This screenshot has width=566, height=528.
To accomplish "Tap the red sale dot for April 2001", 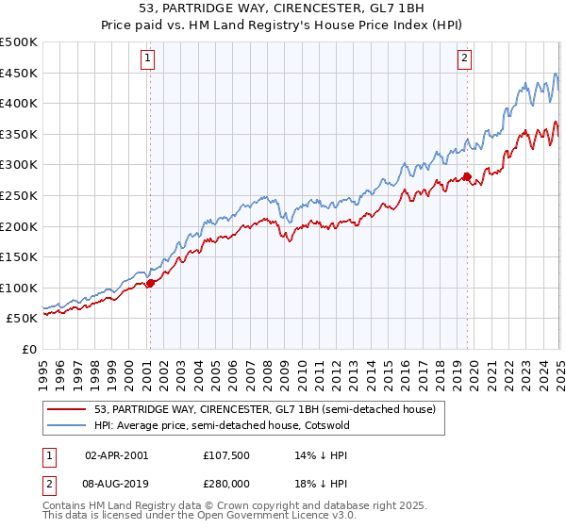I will [150, 283].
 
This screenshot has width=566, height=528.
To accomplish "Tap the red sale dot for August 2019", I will [466, 176].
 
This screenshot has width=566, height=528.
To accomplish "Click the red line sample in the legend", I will [66, 409].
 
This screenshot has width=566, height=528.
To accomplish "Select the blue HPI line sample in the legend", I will [66, 425].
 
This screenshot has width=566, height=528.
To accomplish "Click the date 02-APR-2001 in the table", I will [116, 454].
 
